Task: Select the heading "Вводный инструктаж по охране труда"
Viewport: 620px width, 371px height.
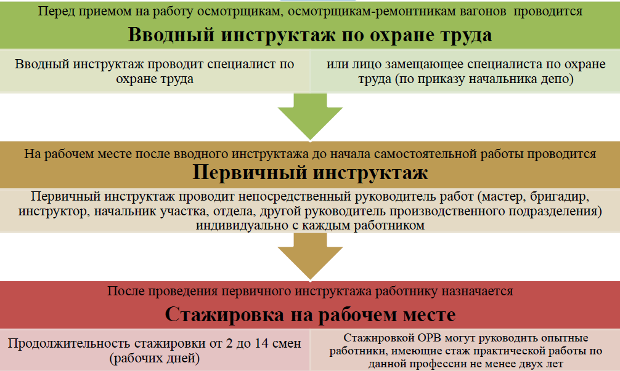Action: tap(310, 34)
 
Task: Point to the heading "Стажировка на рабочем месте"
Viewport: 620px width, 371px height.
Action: tap(310, 315)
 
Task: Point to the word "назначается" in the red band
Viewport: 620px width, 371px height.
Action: tap(474, 291)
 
